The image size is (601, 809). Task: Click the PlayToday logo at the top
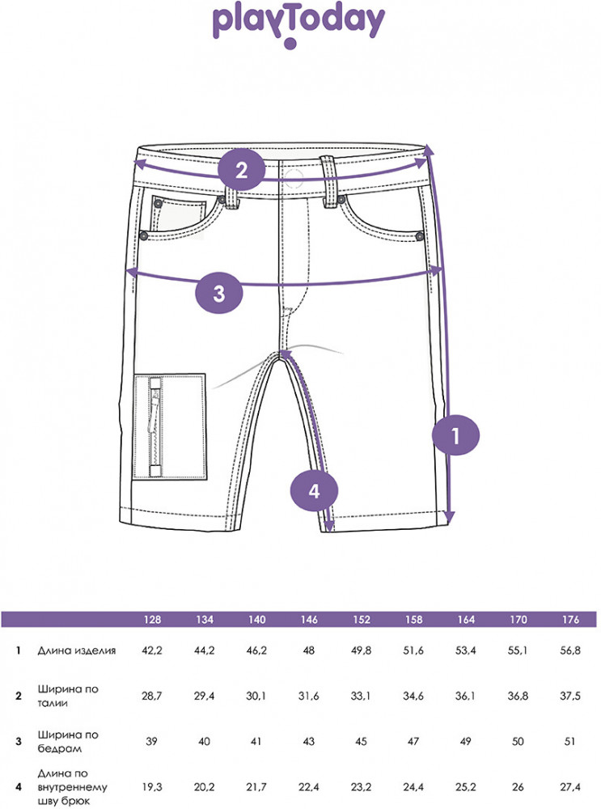click(x=298, y=26)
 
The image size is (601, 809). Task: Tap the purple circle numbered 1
click(x=455, y=435)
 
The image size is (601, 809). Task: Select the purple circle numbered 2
click(x=241, y=170)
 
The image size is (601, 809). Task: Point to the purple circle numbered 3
click(x=218, y=293)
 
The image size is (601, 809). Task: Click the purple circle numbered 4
click(x=314, y=490)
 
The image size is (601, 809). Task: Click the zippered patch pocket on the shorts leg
click(x=170, y=426)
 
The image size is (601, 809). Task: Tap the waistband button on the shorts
click(x=294, y=178)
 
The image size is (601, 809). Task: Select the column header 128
click(x=152, y=619)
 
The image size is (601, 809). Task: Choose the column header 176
click(x=570, y=619)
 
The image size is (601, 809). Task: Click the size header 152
click(x=361, y=619)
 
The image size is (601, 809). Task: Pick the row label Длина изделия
click(x=76, y=650)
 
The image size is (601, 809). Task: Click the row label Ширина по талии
click(x=68, y=696)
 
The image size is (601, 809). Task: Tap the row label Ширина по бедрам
click(x=68, y=741)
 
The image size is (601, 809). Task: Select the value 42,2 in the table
click(x=152, y=650)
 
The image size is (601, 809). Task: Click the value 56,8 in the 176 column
click(x=570, y=650)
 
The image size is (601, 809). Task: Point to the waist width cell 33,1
click(x=361, y=696)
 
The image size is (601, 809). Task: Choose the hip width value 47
click(x=413, y=741)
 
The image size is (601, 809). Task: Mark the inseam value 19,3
click(x=152, y=787)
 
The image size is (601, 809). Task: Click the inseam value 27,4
click(x=570, y=787)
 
